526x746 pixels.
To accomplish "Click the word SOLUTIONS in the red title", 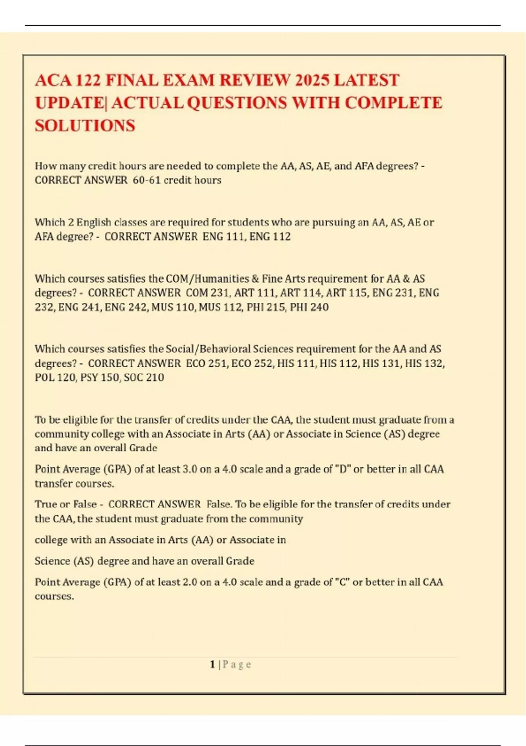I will [x=85, y=126].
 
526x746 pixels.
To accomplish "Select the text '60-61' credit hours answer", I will [x=146, y=180].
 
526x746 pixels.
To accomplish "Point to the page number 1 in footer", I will [x=212, y=664].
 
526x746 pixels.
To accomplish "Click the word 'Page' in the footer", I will [x=237, y=664].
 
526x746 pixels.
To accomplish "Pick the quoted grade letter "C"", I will [x=342, y=582].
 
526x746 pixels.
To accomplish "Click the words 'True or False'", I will [x=66, y=504].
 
